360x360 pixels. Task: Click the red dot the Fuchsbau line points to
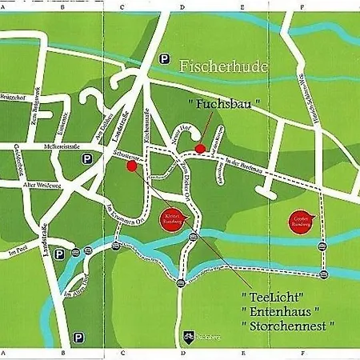pos(200,147)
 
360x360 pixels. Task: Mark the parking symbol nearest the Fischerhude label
pos(165,58)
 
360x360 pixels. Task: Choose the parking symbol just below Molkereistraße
pos(86,159)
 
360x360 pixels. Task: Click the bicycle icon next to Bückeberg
pos(190,338)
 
